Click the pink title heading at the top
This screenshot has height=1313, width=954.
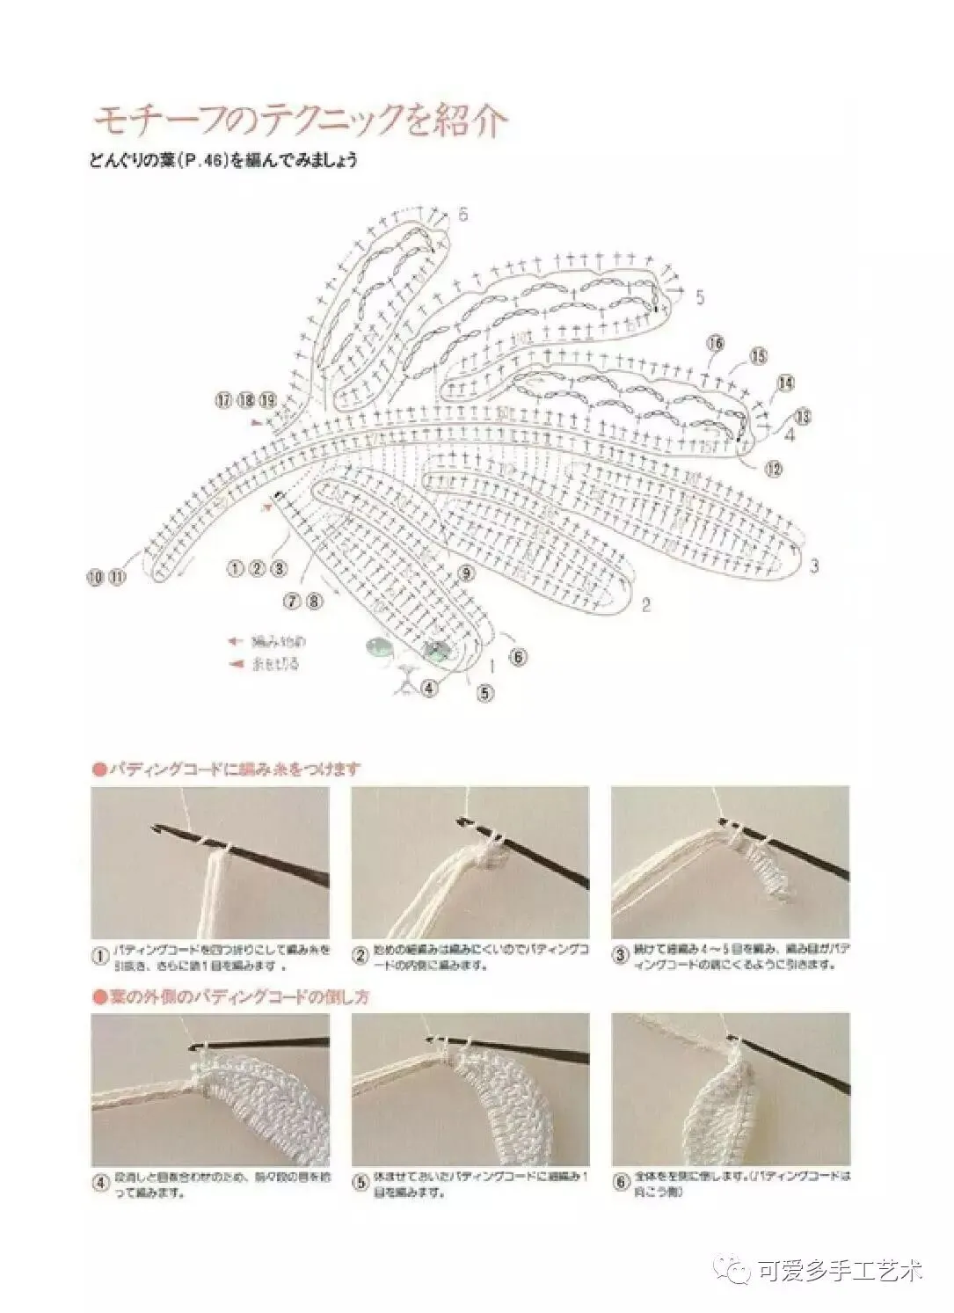point(299,121)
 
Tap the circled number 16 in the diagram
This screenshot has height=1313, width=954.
point(715,343)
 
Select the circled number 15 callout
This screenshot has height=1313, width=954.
point(758,355)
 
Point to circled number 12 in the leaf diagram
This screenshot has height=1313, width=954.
point(773,469)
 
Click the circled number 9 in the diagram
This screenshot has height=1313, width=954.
point(466,573)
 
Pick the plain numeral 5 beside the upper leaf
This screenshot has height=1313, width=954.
point(700,296)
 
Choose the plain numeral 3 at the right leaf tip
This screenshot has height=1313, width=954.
point(814,565)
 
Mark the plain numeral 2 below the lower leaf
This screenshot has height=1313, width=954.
point(646,604)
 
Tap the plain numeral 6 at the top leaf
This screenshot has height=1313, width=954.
point(462,214)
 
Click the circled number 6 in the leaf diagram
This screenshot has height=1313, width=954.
point(518,656)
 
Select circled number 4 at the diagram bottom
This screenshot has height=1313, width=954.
point(429,688)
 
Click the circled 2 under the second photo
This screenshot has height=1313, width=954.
point(360,956)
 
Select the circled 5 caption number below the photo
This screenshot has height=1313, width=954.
point(360,1183)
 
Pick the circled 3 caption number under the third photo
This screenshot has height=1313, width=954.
point(620,956)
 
